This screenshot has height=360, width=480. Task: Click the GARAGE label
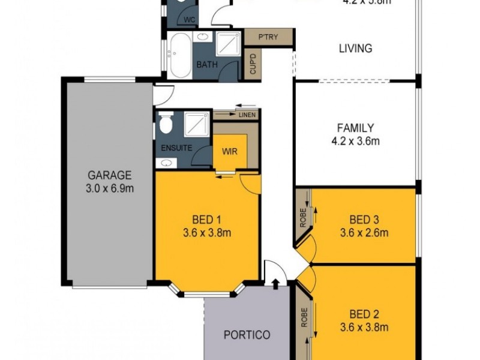pos(110,176)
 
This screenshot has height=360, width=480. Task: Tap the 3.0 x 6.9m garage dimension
pos(110,188)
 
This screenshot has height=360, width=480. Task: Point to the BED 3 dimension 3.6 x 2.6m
pos(364,233)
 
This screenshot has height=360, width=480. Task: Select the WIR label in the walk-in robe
pos(230,151)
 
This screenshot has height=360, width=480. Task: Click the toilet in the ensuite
pos(166,124)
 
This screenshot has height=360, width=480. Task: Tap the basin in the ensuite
pos(164,163)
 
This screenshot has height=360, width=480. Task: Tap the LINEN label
pos(247,114)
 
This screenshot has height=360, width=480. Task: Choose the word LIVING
pos(355,48)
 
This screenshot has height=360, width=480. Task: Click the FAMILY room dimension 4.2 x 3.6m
pos(355,142)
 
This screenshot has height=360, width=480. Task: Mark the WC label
pos(190,20)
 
